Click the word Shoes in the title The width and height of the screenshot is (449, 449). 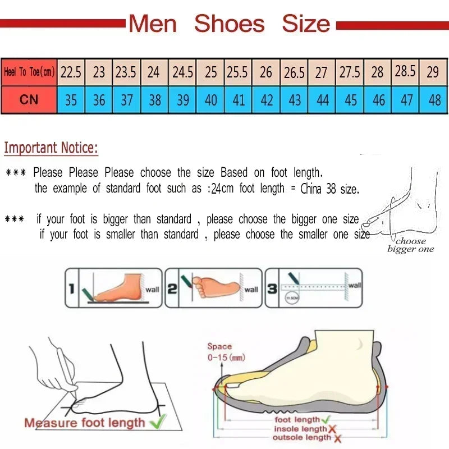pos(229,24)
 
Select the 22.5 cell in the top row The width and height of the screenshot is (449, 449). pos(71,72)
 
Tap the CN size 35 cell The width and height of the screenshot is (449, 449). pos(71,100)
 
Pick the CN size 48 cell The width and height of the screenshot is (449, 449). pos(434,100)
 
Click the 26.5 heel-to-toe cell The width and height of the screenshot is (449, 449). pos(294,72)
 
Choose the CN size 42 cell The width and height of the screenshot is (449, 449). pos(267,100)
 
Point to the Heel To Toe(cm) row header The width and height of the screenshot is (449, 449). pos(29,72)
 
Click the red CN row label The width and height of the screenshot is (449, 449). pos(29,100)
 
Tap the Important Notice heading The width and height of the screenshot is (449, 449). pos(51,148)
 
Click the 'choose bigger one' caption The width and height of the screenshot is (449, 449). pos(410,245)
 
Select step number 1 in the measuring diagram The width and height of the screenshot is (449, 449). pos(71,289)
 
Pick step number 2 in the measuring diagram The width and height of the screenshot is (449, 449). pos(172,289)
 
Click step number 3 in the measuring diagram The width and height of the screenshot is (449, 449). pos(272,289)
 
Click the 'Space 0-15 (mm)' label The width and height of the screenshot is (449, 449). pos(226,352)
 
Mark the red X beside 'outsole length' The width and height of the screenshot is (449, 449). pos(337,438)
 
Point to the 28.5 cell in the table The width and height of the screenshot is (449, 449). pos(405,72)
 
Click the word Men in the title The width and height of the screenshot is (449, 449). pos(153,24)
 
